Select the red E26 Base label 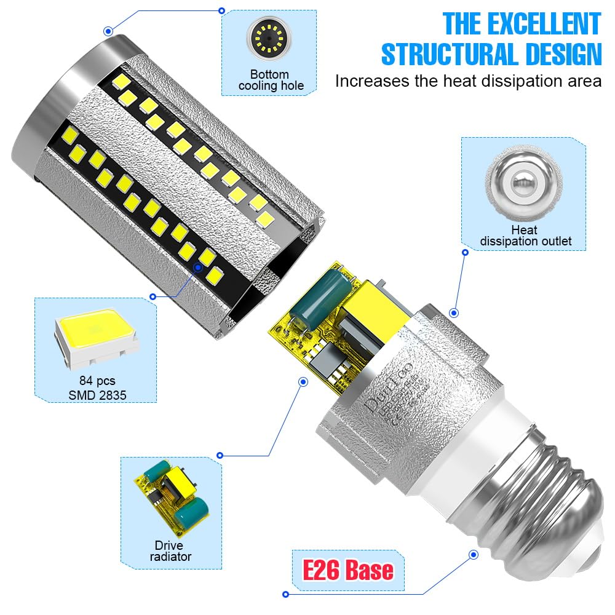348,569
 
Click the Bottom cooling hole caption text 271,80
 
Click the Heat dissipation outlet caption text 525,236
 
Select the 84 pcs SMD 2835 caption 98,388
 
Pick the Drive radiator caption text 173,550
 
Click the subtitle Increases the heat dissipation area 467,81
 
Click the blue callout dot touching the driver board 303,382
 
